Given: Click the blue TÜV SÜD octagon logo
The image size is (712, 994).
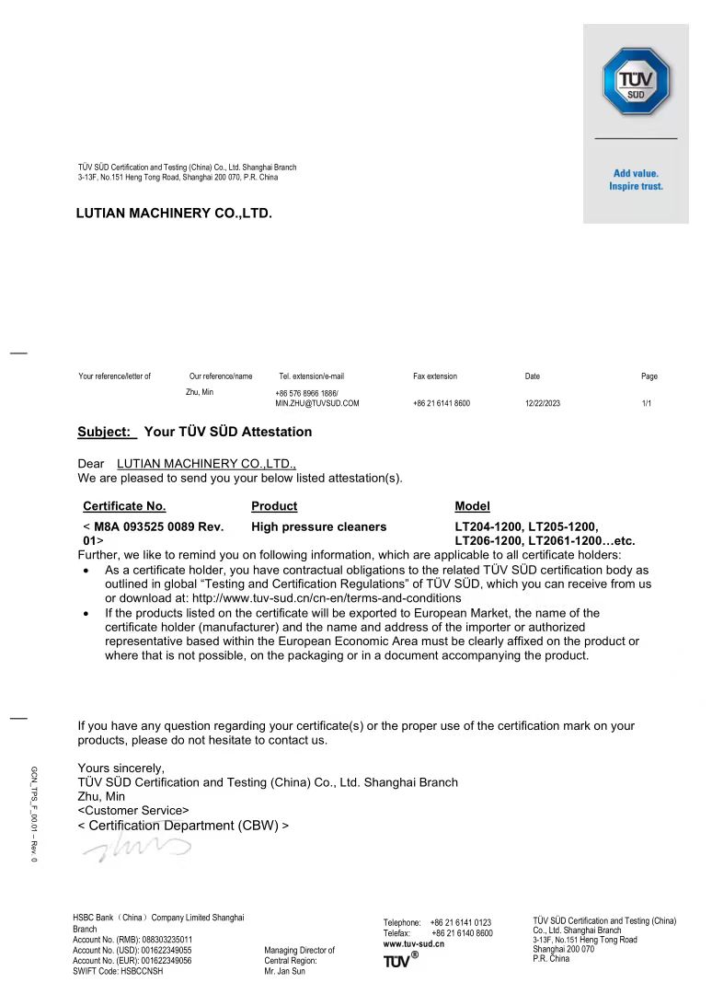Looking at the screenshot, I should coord(636,82).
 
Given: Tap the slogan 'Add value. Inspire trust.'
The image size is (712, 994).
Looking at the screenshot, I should coord(636,179).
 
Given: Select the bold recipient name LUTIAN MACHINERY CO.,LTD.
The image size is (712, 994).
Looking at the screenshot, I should coord(174,214).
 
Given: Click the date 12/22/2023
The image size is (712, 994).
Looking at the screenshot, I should coord(543,403).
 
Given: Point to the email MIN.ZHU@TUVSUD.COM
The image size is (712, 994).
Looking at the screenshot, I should coord(317,403).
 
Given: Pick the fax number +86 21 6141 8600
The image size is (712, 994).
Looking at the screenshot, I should coord(442,403).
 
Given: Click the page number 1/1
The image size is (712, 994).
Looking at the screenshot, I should coord(647,403).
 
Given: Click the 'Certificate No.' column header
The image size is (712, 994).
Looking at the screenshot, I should coord(124,506).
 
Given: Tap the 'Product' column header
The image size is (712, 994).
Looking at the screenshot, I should coord(274,506).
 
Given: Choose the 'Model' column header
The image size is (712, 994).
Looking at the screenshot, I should coord(472,506).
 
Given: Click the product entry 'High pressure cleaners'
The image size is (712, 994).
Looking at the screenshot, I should coord(318,526).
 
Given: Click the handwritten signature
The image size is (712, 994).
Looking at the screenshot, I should coord(138,849).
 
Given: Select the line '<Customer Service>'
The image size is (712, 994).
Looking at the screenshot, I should coord(133,811).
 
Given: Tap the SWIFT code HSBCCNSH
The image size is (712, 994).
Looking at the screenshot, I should coord(118,971).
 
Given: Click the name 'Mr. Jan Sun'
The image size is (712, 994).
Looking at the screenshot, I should coord(284,971).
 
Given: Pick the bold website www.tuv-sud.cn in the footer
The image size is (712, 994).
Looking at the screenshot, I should coord(414,944).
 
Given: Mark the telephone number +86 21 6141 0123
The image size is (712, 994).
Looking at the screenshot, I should coord(460,922).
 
